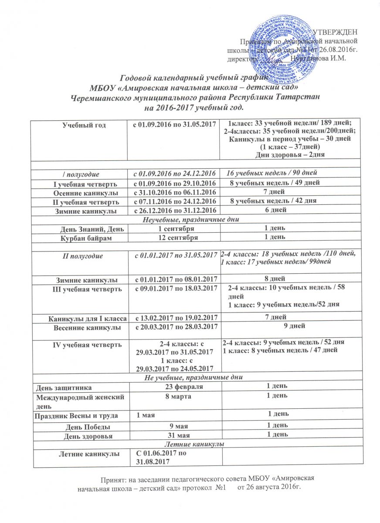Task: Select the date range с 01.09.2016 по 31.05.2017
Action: click(174, 125)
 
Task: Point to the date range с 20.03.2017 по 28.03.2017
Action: click(174, 326)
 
